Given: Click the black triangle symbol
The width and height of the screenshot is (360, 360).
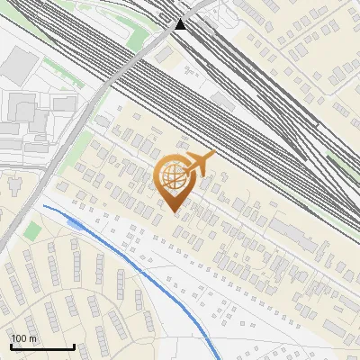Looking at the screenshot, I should [x=181, y=23].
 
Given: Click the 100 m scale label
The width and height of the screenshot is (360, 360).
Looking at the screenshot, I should [x=23, y=338].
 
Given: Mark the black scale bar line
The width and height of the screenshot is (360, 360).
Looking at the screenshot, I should [x=42, y=347].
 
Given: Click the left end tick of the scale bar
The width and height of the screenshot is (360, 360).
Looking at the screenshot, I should [x=11, y=346].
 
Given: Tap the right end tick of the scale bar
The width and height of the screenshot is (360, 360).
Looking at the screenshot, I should [x=74, y=346].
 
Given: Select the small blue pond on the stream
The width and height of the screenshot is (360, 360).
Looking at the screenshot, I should [x=76, y=222].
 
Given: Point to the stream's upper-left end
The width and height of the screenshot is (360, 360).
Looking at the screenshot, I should [x=43, y=206].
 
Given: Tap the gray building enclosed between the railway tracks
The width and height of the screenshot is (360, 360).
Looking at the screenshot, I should [x=221, y=102].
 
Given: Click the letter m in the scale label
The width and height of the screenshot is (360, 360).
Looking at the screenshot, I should [x=32, y=338].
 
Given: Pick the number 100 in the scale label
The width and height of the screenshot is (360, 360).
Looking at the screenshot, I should [x=19, y=338].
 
